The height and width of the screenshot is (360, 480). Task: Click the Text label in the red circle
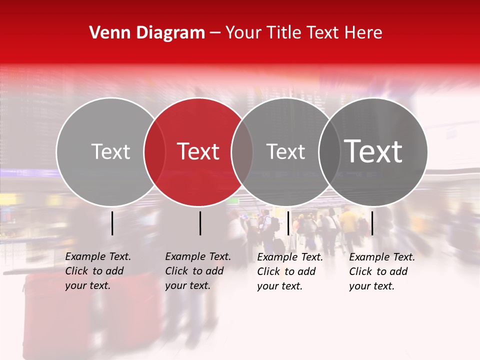[198, 151]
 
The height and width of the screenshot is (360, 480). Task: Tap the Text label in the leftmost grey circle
[110, 151]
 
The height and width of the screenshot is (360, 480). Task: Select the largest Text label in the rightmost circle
[373, 151]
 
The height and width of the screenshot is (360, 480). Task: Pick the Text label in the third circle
[285, 151]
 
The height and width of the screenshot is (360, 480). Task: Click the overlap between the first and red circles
[154, 152]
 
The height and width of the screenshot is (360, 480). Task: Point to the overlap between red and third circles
[242, 152]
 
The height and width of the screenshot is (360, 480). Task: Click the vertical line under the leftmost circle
[112, 223]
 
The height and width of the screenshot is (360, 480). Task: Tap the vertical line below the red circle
[200, 223]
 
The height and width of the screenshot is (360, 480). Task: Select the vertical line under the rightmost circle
[372, 223]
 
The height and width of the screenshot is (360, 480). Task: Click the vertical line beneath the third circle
[288, 223]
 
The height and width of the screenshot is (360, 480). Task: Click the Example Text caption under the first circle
[97, 271]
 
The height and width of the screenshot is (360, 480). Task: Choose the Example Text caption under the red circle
[197, 271]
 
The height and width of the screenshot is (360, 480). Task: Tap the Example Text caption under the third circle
[289, 271]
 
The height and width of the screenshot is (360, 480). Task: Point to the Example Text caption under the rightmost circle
[381, 271]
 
